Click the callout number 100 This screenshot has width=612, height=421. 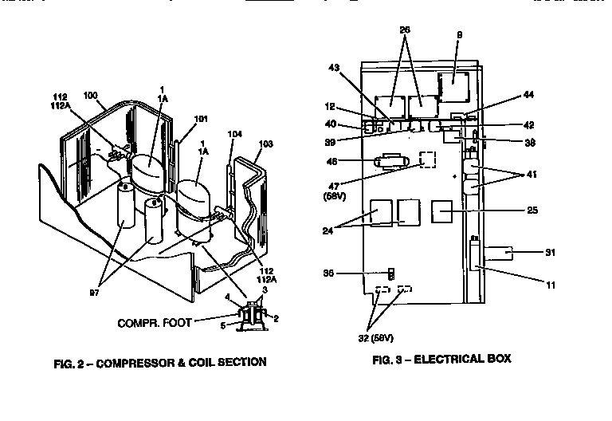click(x=90, y=95)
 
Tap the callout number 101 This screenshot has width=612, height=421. click(x=201, y=120)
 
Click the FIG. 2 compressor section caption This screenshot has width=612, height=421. click(x=160, y=362)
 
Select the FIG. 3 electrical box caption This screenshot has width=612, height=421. click(x=441, y=359)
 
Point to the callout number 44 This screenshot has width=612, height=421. click(x=528, y=94)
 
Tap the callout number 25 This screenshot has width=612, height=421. click(x=532, y=210)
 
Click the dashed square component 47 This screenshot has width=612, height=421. click(x=428, y=159)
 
